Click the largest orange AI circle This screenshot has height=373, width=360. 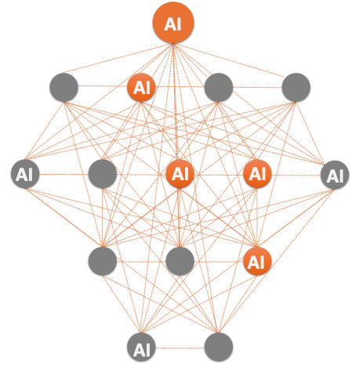pos(173,23)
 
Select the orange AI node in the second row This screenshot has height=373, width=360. pos(141,87)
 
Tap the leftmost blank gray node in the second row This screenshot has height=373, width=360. pos(64,87)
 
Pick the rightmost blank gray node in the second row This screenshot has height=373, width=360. pos(296,87)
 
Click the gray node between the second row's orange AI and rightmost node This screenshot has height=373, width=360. pos(219,87)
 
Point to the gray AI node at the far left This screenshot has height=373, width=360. pos(25,174)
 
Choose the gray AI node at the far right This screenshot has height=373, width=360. pos(335,175)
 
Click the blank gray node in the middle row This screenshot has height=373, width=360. pos(103,174)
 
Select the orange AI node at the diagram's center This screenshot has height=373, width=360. pos(180,174)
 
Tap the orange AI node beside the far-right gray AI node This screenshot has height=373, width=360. pos(257,174)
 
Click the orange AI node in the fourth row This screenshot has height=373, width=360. pos(257,261)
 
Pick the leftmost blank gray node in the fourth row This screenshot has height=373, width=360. pos(103,261)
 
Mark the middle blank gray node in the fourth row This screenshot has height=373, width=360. pos(180,261)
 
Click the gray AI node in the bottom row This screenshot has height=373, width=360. pos(141,347)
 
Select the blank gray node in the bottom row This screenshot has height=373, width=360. pos(219,347)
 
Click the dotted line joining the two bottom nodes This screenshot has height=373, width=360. pos(180,348)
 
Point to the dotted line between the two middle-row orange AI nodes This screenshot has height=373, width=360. pos(219,175)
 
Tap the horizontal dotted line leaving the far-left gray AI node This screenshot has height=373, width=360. pos(64,174)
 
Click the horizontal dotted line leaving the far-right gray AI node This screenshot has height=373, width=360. pos(296,175)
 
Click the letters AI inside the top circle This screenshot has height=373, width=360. pos(173,24)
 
